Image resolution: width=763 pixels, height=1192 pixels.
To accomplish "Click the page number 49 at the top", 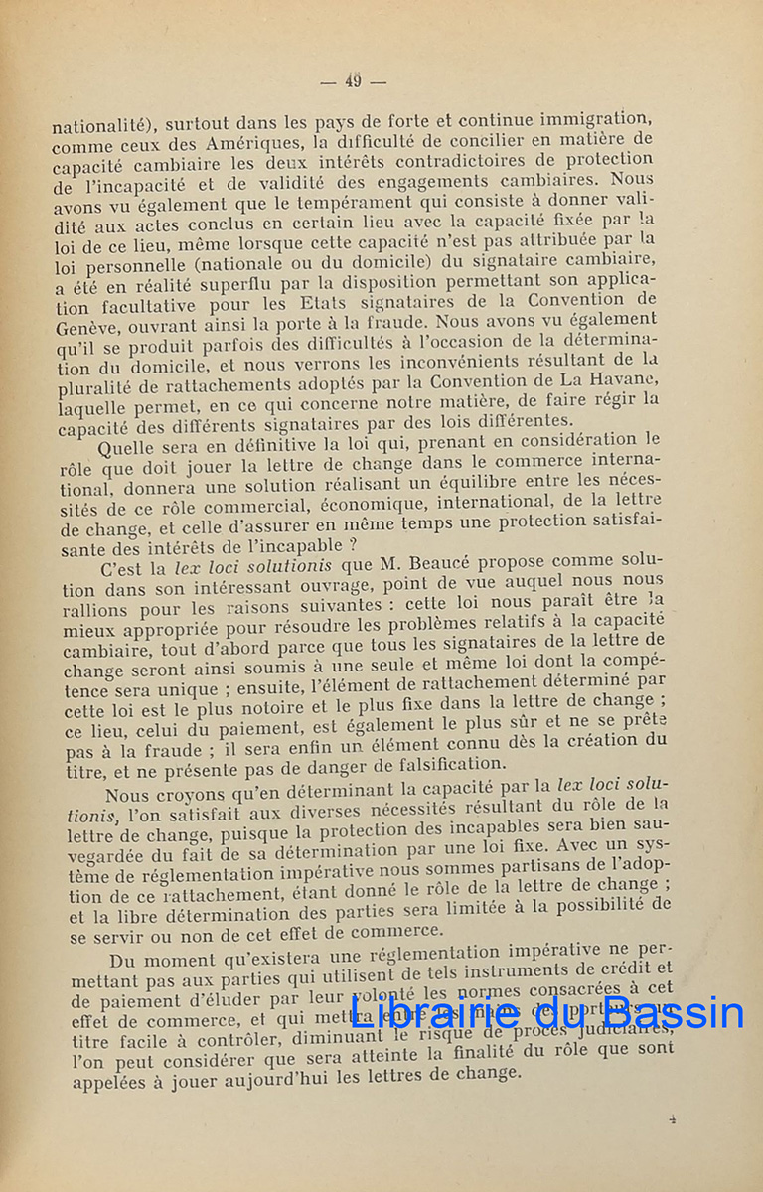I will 353,81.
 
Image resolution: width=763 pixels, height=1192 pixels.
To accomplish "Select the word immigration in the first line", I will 589,120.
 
